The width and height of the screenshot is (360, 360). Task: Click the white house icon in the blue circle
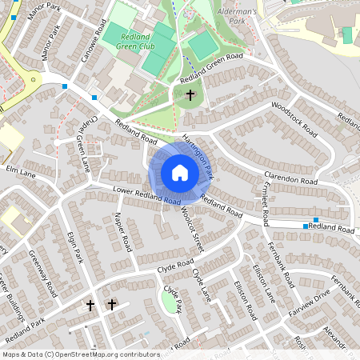[180, 172]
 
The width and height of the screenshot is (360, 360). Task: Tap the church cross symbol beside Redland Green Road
[190, 96]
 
